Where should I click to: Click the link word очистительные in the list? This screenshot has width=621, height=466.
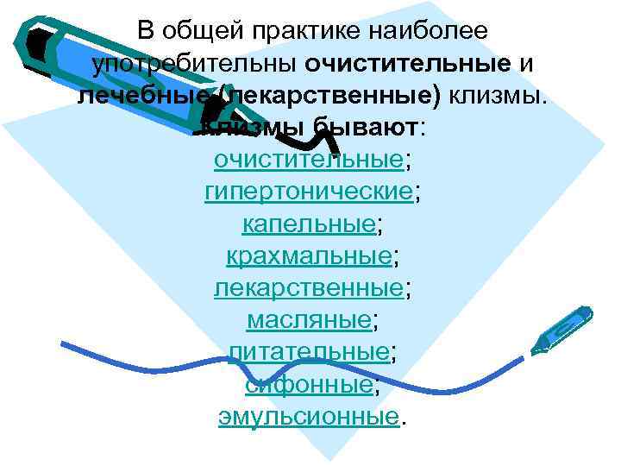coord(308,160)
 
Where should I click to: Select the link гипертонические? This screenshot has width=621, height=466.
coord(308,192)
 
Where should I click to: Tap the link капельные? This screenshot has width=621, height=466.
coord(308,224)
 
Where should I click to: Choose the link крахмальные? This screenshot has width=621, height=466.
coord(308,256)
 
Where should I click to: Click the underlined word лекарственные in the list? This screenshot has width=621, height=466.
coord(308,288)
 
